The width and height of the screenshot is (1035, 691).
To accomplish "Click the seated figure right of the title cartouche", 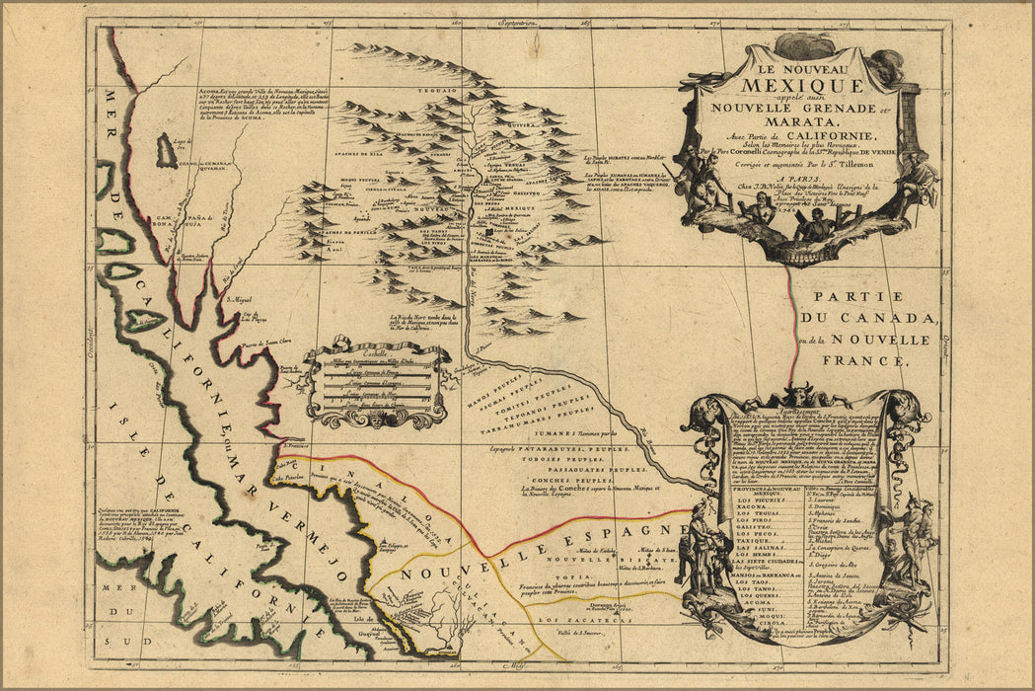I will coord(918,179).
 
